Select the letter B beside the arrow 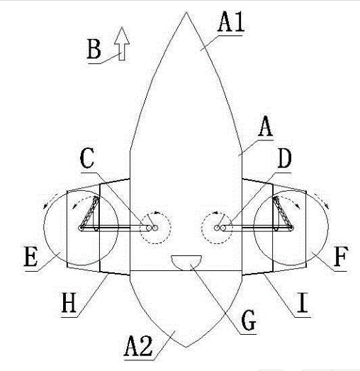(94, 49)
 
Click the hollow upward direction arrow (122, 44)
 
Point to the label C (87, 158)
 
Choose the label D (284, 158)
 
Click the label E (30, 256)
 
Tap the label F (342, 256)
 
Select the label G (249, 320)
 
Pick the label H (69, 302)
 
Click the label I (303, 302)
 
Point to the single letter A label (265, 126)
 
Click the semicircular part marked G (186, 262)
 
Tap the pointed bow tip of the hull (186, 12)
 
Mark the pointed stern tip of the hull (186, 347)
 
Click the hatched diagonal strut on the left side (89, 212)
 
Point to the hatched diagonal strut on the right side (283, 212)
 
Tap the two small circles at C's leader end (152, 228)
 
